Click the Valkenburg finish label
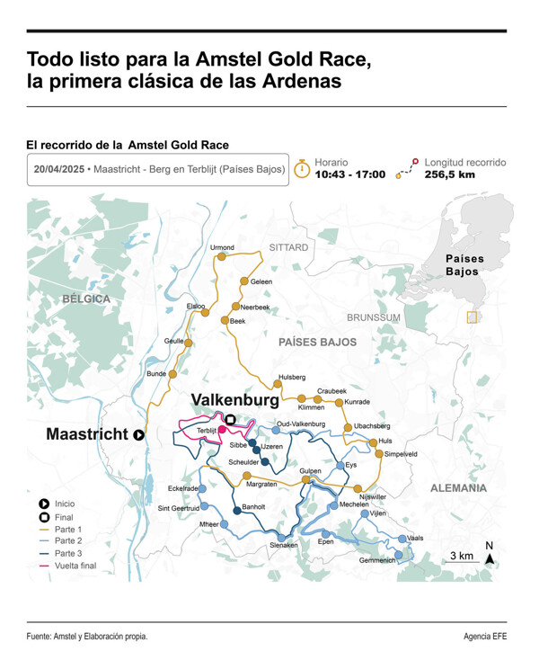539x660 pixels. (235, 400)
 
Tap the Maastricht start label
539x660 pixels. (87, 434)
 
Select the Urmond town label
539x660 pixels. (222, 247)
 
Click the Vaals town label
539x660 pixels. (415, 538)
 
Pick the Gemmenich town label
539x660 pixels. (376, 560)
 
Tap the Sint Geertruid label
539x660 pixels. (178, 508)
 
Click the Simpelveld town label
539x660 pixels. (400, 454)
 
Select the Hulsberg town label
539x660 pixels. (292, 377)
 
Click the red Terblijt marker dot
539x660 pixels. (221, 430)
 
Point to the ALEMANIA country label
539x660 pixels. (459, 488)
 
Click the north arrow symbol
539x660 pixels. (490, 557)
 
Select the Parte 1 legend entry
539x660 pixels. (68, 529)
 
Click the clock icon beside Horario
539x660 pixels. (303, 168)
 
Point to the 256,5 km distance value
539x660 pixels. (449, 174)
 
